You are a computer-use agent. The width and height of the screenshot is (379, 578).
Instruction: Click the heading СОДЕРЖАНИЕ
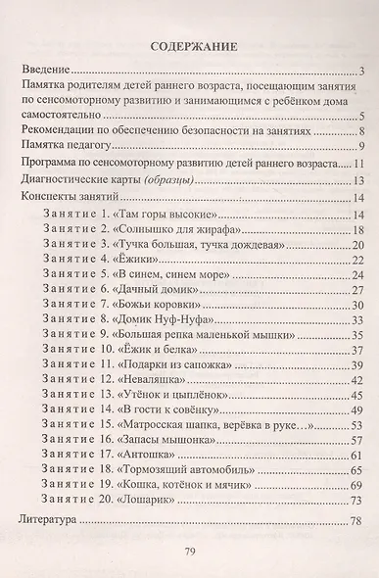191,46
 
